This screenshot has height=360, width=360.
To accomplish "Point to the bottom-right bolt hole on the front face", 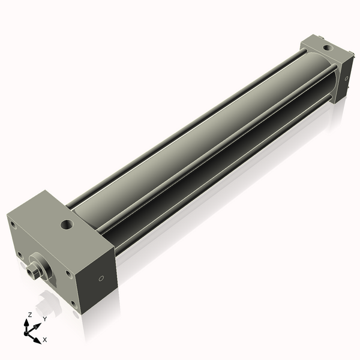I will click(x=73, y=303).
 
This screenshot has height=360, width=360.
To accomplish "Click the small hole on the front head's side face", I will click(x=101, y=278).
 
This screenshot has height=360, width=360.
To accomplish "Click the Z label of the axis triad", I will click(x=30, y=314).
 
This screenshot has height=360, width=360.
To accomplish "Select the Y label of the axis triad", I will click(x=44, y=318).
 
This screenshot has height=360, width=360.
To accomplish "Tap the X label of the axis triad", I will click(x=44, y=340).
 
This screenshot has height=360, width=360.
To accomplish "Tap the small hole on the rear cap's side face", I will click(x=346, y=78).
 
